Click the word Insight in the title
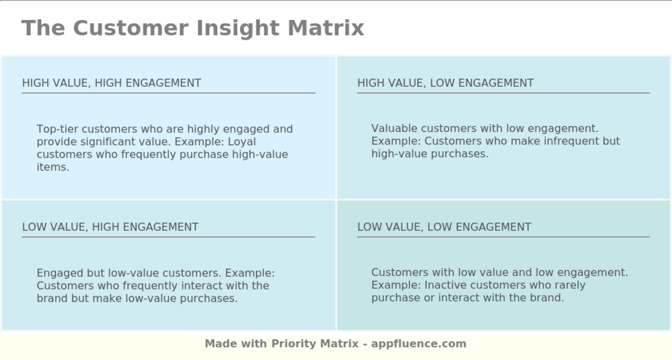coord(238,28)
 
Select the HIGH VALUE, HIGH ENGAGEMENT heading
coord(111,83)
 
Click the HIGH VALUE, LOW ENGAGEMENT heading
coord(445,83)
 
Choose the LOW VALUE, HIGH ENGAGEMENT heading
coord(110,227)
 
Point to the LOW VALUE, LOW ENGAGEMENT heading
coord(444,227)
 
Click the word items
coord(53,168)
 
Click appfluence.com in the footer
coord(419,344)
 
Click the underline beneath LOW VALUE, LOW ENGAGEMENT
coord(503,237)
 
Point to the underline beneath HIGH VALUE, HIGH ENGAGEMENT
coord(168,93)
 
